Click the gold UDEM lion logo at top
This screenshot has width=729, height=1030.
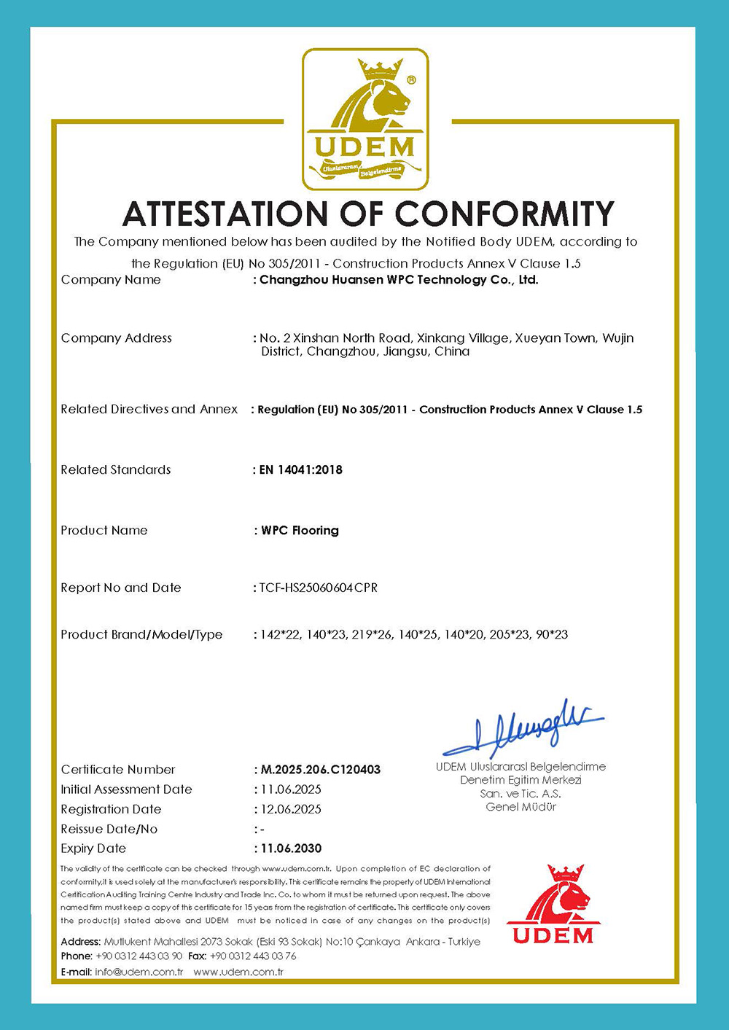(365, 120)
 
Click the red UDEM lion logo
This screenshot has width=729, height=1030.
(553, 904)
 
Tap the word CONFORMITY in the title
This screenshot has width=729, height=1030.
(504, 214)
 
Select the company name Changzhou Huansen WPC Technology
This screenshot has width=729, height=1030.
(399, 280)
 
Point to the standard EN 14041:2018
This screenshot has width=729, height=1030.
(301, 470)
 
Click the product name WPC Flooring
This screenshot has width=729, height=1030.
(300, 531)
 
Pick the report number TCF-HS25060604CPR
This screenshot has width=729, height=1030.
(319, 588)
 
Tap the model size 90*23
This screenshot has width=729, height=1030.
(551, 635)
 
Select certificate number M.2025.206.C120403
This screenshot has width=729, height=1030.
(321, 770)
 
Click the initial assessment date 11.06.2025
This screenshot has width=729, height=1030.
(291, 789)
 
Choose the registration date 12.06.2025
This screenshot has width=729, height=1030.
(291, 809)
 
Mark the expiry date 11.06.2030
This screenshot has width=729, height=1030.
(291, 848)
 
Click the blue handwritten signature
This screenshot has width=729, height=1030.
(523, 729)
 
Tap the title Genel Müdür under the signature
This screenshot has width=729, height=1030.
(521, 807)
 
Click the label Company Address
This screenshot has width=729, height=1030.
(117, 338)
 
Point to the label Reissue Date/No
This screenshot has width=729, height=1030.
(109, 829)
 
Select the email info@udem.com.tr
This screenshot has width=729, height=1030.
(139, 972)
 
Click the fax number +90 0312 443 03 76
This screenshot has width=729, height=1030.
(253, 956)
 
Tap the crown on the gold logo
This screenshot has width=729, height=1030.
(381, 71)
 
